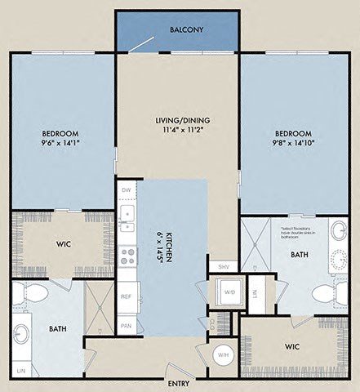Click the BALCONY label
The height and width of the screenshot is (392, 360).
point(186,30)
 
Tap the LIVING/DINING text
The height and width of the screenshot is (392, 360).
point(178,122)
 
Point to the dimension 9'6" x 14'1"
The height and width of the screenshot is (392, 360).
point(61,145)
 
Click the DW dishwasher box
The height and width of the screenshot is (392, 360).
point(126,190)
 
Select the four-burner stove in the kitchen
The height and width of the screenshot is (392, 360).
point(127,257)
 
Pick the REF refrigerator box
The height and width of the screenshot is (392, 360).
point(126,296)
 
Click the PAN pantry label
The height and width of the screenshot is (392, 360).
point(126,325)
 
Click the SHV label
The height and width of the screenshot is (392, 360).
point(223,266)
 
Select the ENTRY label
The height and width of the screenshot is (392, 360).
point(179,383)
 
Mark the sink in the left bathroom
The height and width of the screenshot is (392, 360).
point(22,335)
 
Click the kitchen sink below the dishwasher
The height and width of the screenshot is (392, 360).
point(127,215)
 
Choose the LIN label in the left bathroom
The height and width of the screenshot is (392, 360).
point(20,372)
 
